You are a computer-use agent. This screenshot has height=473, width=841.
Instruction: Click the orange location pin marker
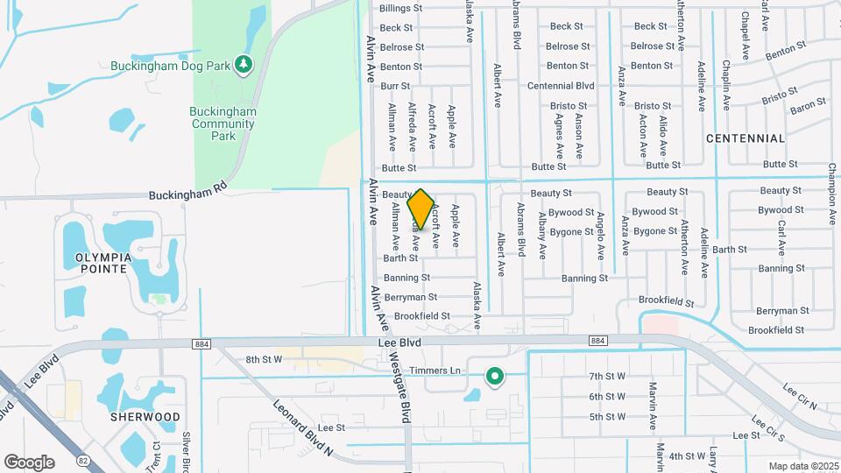click(420, 209)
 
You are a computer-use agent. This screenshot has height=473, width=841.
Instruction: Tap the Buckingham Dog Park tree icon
click(244, 65)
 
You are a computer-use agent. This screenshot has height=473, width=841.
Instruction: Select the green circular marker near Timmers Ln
click(495, 377)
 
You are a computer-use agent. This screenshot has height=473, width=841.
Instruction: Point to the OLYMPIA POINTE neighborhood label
click(96, 263)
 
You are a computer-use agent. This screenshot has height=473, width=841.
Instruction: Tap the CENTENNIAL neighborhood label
click(745, 138)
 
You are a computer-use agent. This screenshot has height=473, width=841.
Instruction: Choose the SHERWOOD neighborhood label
click(145, 417)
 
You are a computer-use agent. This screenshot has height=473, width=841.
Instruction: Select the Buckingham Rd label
click(187, 190)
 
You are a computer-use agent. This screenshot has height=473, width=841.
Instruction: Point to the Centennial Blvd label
click(561, 86)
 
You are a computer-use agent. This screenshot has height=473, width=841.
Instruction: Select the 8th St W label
click(264, 359)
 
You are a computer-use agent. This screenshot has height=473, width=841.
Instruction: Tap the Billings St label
click(400, 8)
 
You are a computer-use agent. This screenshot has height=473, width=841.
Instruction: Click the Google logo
click(29, 462)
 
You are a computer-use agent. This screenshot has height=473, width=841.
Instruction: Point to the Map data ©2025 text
click(802, 466)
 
